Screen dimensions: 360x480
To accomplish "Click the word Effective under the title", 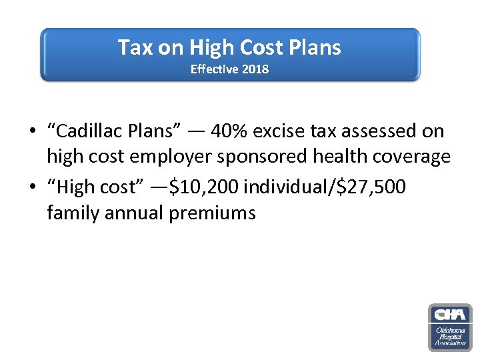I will point(214,69).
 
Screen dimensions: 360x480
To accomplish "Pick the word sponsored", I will point(275,157).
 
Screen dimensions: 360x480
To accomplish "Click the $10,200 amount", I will point(205,187).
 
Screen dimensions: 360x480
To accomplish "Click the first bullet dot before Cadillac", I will point(32,132).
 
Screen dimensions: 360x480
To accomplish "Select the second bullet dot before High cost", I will point(32,188).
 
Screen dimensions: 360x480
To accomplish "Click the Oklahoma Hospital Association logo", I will point(449,327).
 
